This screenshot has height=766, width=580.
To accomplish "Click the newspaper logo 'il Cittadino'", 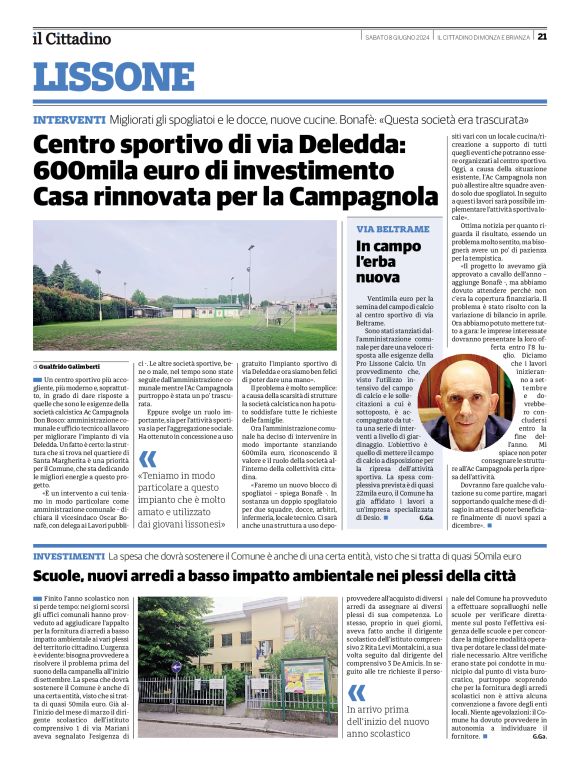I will (71, 38).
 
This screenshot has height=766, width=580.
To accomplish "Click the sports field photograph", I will (184, 286).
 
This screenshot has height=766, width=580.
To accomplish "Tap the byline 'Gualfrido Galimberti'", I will (76, 367).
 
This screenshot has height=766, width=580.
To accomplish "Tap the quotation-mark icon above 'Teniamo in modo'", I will (148, 459).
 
